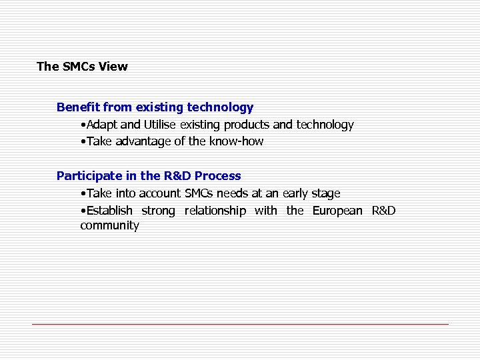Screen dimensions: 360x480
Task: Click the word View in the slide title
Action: coord(113,67)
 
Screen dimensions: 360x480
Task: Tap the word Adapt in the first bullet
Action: coord(101,125)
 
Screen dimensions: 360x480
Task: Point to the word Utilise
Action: coord(160,125)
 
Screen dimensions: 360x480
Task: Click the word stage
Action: coord(326,193)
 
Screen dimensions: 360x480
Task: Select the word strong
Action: coord(158,211)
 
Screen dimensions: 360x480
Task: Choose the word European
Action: coord(337,211)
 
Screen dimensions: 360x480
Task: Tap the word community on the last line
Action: coord(109,225)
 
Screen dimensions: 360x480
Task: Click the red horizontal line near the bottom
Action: coord(240,324)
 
